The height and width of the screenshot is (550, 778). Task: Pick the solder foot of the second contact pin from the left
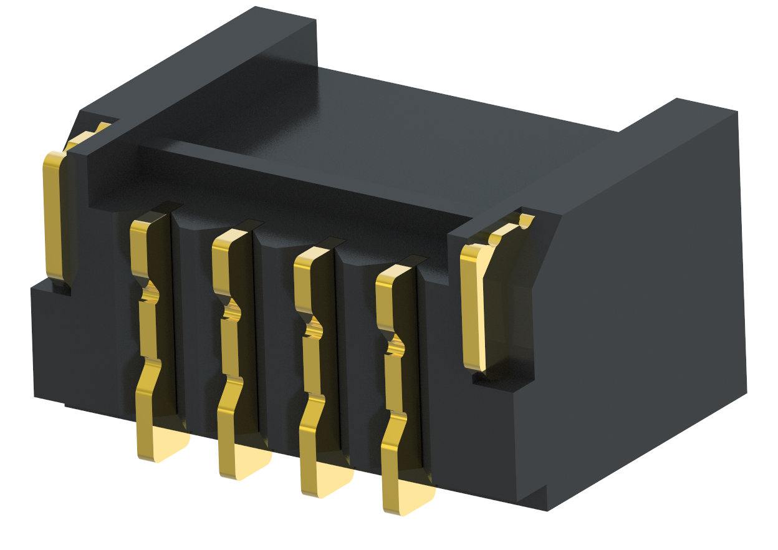[x=245, y=464]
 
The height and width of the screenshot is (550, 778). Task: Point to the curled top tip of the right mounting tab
[x=526, y=220]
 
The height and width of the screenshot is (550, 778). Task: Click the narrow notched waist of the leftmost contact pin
[x=148, y=293]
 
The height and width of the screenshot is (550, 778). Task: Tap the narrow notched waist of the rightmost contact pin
[x=394, y=345]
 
